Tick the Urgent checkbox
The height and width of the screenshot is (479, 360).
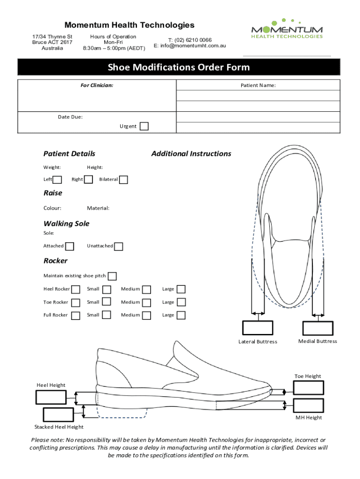tap(144, 126)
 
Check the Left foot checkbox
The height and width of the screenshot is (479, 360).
tap(58, 180)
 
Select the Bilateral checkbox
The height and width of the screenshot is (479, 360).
tap(123, 180)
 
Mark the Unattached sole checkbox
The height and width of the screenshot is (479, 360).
tap(119, 247)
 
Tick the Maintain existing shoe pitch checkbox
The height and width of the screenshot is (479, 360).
tap(112, 276)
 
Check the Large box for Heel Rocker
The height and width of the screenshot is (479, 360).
tap(181, 289)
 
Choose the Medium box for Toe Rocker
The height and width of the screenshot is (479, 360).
tap(147, 302)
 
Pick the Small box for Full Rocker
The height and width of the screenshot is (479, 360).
tap(107, 315)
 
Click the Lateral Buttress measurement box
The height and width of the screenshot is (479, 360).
tap(258, 328)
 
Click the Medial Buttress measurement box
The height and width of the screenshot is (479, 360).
tap(318, 328)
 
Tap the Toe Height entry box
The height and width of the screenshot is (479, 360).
tap(308, 388)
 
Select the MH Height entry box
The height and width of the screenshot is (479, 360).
tap(308, 405)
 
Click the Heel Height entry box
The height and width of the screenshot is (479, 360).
tap(51, 397)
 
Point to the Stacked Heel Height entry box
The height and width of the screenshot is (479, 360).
tap(58, 414)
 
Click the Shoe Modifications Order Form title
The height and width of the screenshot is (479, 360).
tap(179, 67)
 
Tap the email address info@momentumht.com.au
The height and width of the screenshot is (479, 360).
tap(190, 46)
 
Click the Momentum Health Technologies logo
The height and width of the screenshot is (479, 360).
tap(287, 29)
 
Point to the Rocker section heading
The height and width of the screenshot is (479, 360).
tap(55, 261)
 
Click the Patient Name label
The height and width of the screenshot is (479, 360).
tap(258, 86)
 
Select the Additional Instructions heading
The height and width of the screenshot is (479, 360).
tap(191, 153)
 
